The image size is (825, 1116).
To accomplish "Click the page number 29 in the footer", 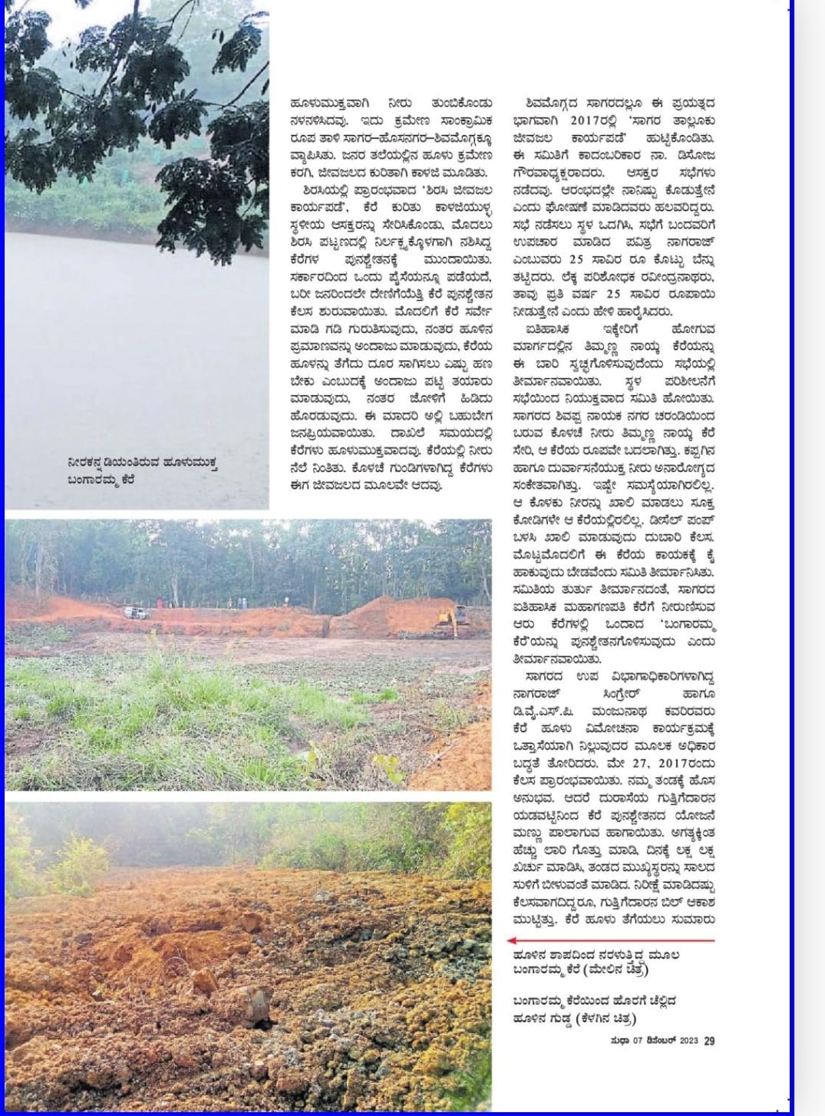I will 709,1041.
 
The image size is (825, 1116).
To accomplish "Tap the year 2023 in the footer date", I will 688,1041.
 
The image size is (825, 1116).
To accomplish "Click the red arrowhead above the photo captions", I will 513,939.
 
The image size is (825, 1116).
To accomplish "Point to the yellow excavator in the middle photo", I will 450,619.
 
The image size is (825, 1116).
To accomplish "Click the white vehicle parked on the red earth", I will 137,612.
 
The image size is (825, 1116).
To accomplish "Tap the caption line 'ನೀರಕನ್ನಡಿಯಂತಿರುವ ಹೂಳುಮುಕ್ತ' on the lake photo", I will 142,463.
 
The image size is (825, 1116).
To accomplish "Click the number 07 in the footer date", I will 639,1041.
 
